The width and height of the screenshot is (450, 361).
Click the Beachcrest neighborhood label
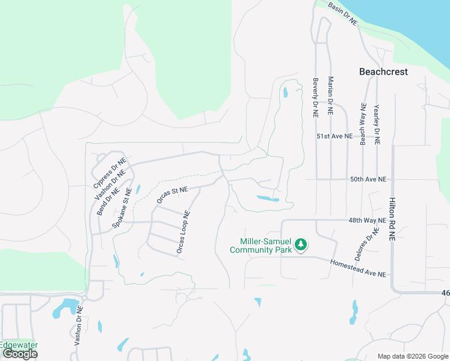coord(383,72)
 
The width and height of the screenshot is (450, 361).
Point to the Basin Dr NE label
coord(343,13)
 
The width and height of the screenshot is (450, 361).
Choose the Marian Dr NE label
coord(330,96)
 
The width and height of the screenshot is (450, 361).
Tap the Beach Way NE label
coord(363,124)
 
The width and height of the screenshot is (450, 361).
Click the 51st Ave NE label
coord(334,137)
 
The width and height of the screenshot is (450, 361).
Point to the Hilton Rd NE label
coord(392,220)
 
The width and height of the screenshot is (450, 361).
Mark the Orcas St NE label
coord(172,195)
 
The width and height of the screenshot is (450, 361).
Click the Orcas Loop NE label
coord(183,231)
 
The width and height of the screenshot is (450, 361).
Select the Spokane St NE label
coord(122,209)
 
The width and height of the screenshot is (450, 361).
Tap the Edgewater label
coord(19,345)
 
